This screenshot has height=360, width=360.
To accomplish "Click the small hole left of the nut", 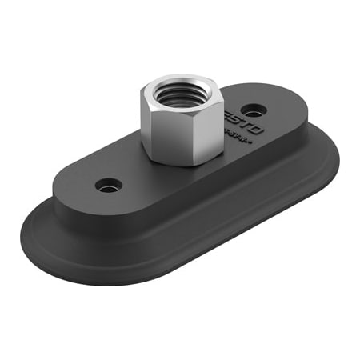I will tap(109, 186).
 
